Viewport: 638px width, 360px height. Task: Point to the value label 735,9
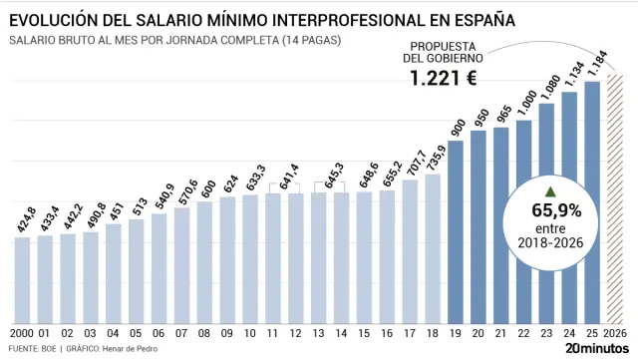tap(433, 159)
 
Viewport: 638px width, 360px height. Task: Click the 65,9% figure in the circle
tap(556, 209)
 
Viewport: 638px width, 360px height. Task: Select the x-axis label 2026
tap(615, 331)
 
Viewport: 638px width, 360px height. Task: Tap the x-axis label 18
tap(433, 331)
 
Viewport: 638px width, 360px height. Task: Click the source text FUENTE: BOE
tap(31, 349)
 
